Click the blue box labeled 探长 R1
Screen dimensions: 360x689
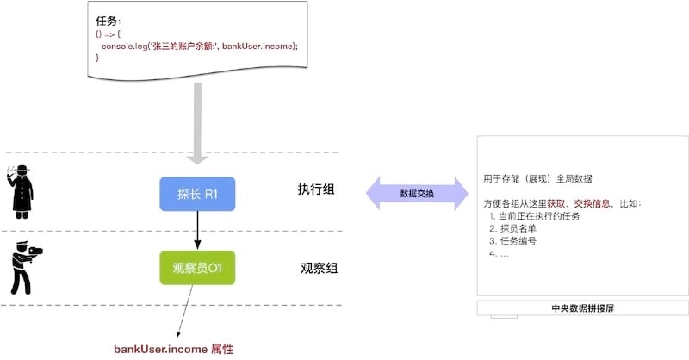pos(197,195)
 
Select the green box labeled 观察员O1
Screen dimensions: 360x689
pos(197,268)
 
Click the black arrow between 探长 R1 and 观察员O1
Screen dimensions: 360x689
pos(197,231)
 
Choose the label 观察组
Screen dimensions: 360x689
pos(317,268)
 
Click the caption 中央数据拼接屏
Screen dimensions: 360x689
pos(582,307)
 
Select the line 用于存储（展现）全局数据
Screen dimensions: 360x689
pos(537,179)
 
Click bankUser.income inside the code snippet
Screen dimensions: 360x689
pos(258,45)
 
